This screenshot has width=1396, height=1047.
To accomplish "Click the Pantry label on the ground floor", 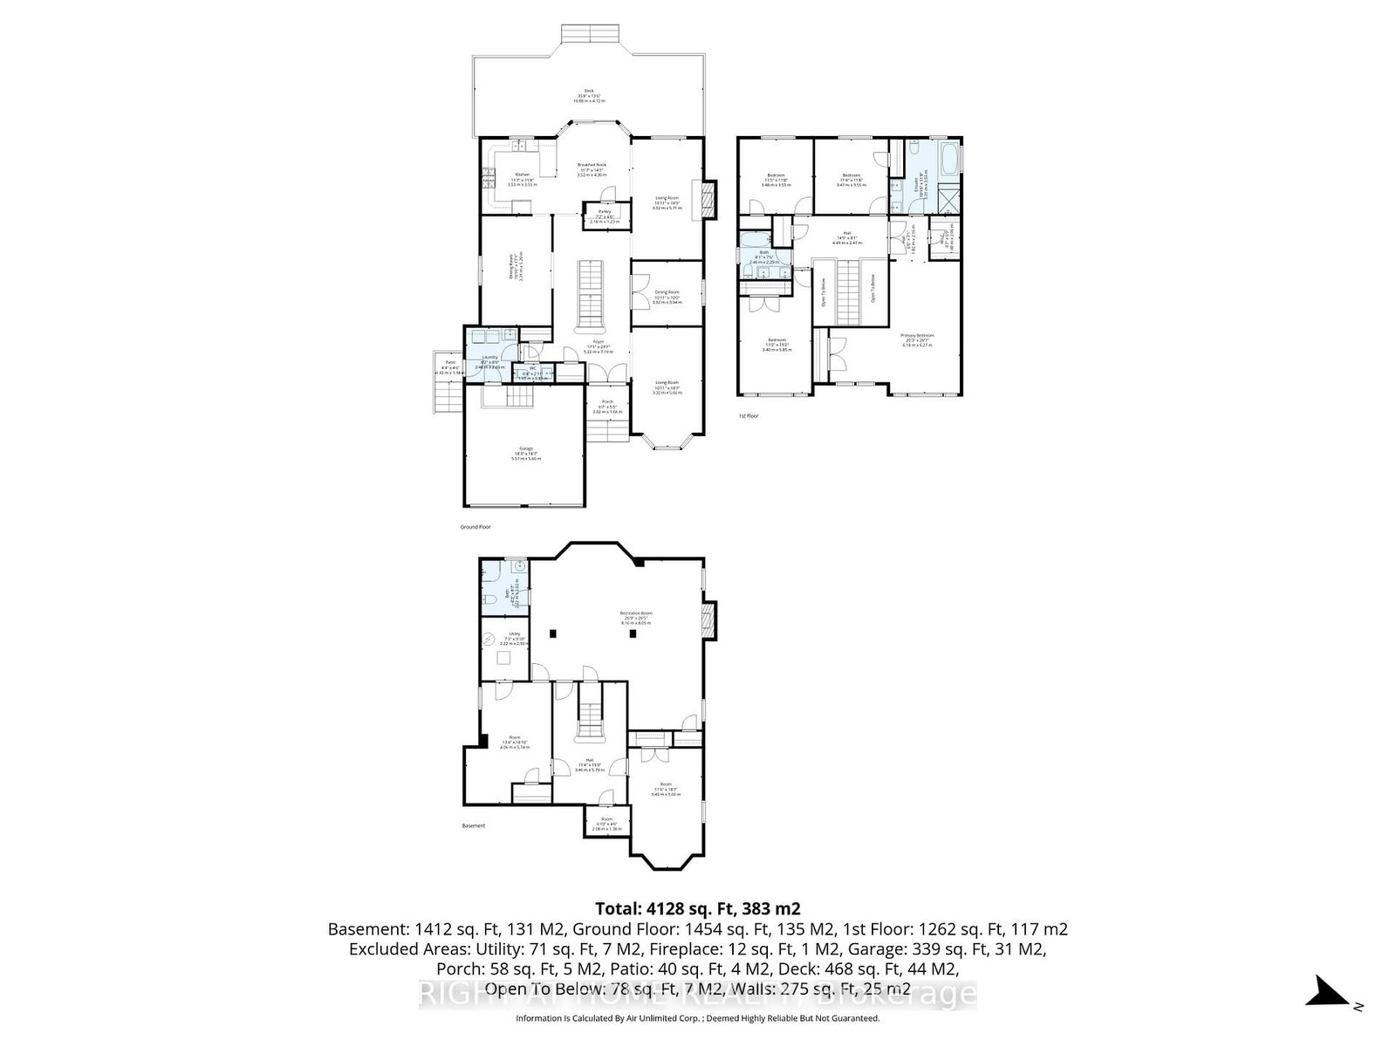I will [x=604, y=212].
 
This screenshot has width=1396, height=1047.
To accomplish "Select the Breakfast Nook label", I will [x=592, y=166].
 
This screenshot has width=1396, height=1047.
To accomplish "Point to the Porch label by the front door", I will [x=606, y=402].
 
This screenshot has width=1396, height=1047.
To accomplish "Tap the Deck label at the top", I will [x=589, y=92].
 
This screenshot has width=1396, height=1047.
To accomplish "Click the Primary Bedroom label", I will [x=918, y=336].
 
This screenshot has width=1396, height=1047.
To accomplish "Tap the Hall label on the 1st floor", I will [x=846, y=237].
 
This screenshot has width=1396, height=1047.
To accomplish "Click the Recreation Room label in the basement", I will [x=636, y=613].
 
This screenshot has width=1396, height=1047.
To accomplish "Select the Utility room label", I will [x=515, y=633].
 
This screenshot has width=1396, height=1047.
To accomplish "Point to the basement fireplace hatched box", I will [x=708, y=619].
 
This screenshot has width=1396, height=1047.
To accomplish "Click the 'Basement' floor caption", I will [x=473, y=825].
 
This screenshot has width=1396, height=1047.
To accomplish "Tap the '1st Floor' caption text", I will [x=748, y=416].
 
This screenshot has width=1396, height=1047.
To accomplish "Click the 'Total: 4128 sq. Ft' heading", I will [x=697, y=908].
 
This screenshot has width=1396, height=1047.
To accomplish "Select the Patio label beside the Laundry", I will [x=450, y=362].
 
